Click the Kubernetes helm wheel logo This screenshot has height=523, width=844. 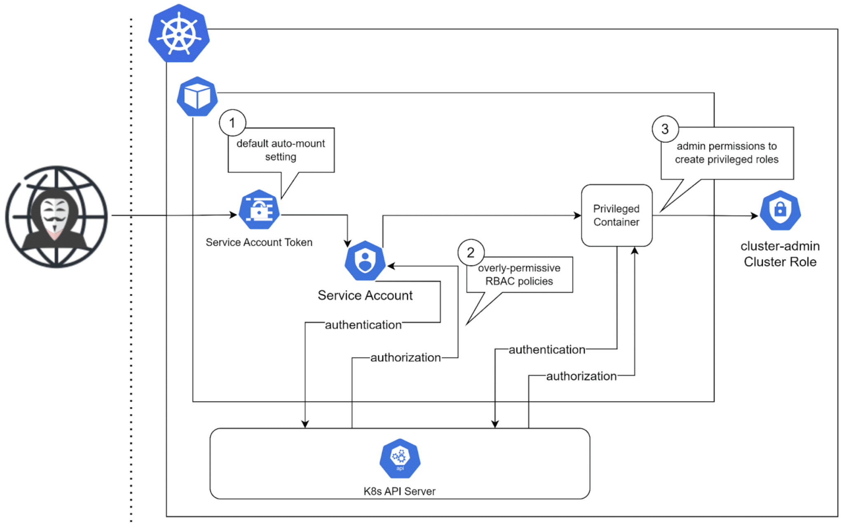(x=179, y=33)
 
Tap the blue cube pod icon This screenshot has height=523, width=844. (x=197, y=96)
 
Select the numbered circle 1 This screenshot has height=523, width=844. (x=232, y=123)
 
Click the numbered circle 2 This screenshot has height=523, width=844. (x=471, y=252)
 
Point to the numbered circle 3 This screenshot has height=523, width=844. (x=665, y=129)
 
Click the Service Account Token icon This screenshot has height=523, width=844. (x=259, y=210)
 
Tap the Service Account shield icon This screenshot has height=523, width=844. (x=365, y=261)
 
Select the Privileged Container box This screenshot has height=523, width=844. (x=617, y=215)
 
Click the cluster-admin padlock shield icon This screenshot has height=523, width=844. (x=780, y=211)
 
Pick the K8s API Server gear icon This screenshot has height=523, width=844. (x=400, y=458)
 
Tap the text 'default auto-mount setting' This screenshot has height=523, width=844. (x=281, y=150)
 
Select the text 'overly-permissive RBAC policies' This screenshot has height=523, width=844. (x=519, y=274)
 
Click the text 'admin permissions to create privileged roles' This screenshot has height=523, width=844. (x=727, y=152)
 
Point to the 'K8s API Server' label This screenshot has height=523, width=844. (x=399, y=491)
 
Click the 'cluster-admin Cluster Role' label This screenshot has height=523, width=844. (x=780, y=254)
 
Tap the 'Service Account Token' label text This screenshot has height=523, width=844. (x=259, y=242)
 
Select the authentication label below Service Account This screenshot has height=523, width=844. (x=363, y=325)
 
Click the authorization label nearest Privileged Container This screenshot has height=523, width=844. (x=581, y=376)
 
